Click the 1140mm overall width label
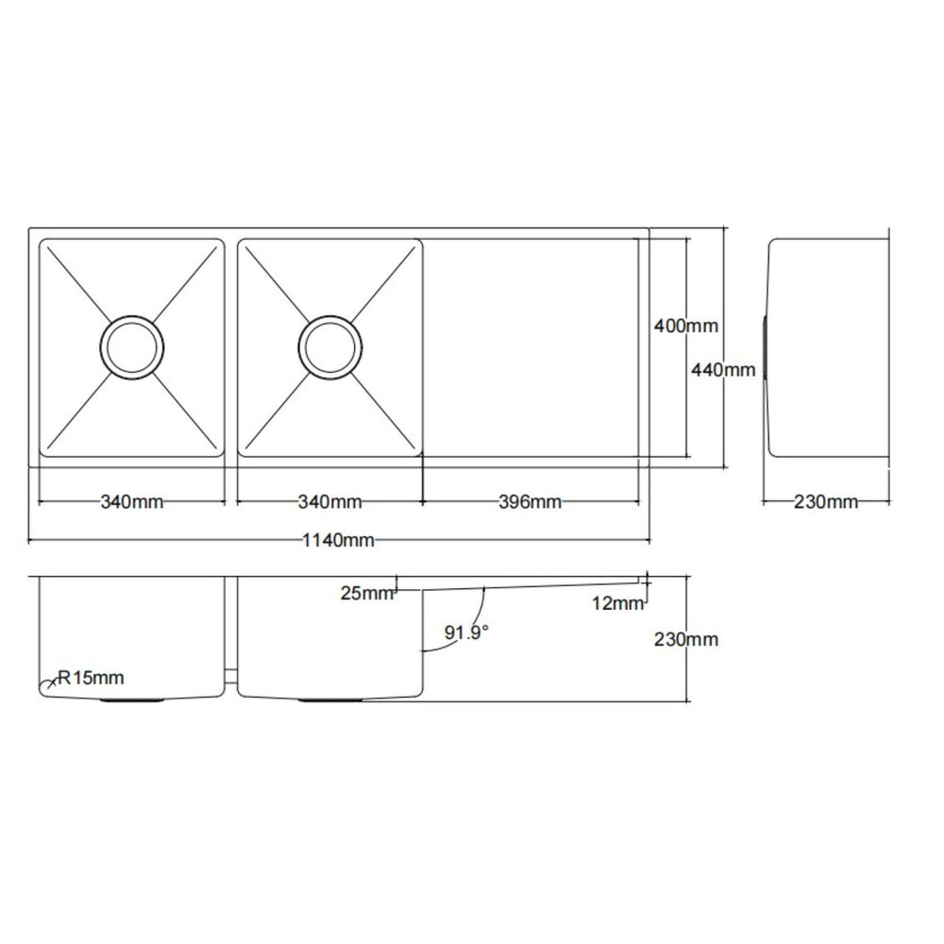pos(339,541)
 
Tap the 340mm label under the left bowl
pos(132,501)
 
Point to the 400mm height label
pos(686,327)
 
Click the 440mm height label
pos(724,371)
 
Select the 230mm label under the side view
pos(826,502)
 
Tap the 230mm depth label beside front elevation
pos(686,639)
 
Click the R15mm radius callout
pos(90,677)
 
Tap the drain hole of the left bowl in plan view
pos(131,346)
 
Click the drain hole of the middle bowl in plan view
pos(329,346)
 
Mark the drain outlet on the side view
pos(765,346)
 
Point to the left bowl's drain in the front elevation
pos(132,700)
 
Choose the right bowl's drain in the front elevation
pos(330,700)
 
